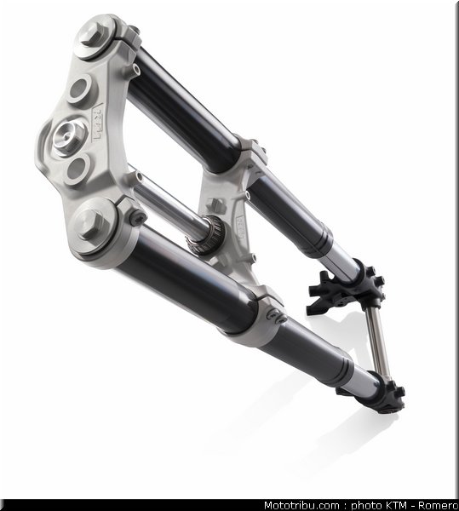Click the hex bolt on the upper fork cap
pyautogui.click(x=92, y=34)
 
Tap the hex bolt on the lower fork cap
pyautogui.click(x=88, y=223)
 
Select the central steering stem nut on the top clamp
pyautogui.click(x=68, y=137)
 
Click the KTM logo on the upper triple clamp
pyautogui.click(x=97, y=123)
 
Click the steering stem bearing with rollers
pyautogui.click(x=205, y=235)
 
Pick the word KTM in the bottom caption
pyautogui.click(x=395, y=505)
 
